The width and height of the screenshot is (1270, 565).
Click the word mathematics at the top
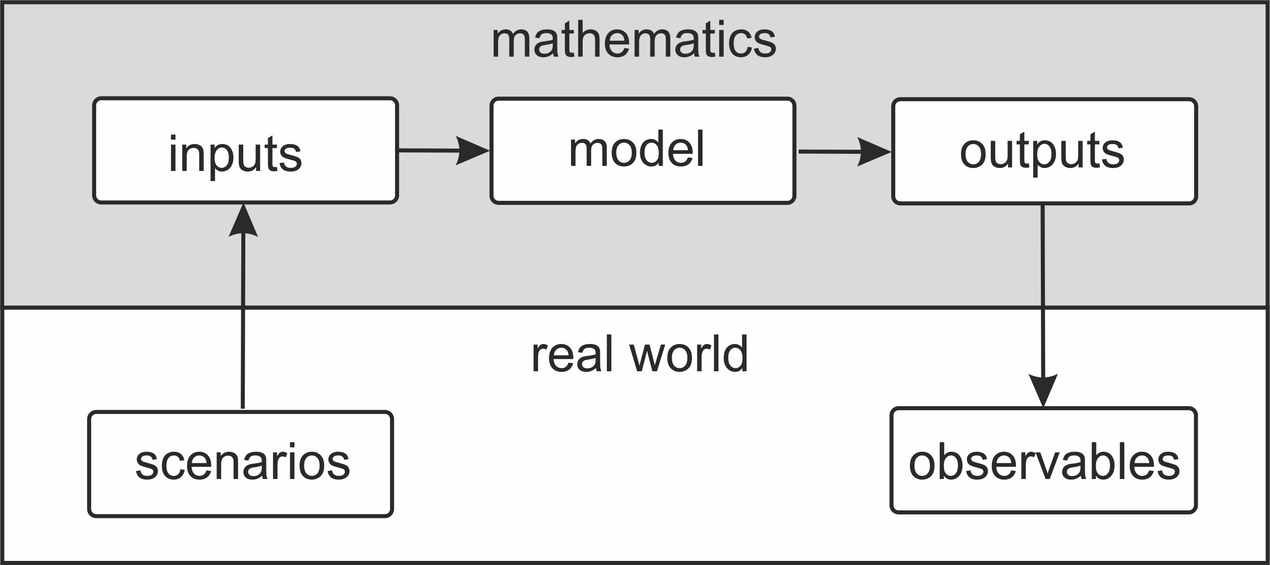tap(633, 40)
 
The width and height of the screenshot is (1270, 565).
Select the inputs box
tap(245, 150)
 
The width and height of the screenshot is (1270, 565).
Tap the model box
tap(642, 150)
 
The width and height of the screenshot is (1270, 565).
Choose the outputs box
tap(1044, 151)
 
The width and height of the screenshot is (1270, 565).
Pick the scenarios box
tap(240, 464)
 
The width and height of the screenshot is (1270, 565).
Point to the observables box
tap(1043, 460)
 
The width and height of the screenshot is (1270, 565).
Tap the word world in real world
tap(688, 355)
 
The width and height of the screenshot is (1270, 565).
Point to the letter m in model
tap(587, 150)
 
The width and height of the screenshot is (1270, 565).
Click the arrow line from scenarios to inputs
tap(243, 324)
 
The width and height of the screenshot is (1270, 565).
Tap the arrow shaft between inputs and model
tap(427, 150)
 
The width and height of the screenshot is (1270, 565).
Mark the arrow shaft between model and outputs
tap(827, 151)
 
